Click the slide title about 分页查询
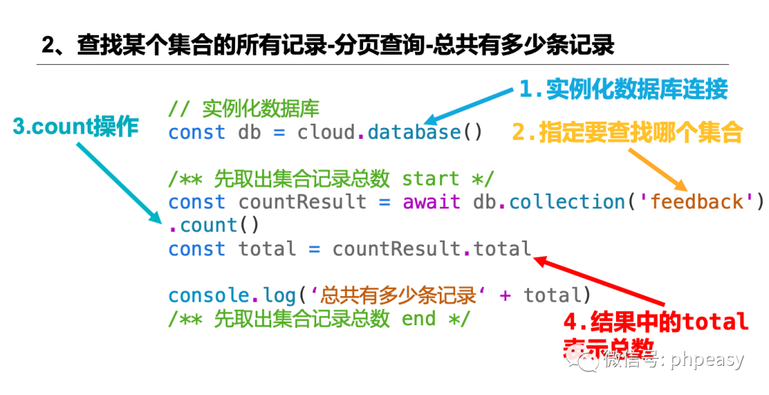328,46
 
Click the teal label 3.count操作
75,127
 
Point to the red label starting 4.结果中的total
655,322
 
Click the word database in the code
414,132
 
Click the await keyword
431,202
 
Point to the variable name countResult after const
302,202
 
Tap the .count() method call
214,226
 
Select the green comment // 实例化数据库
244,109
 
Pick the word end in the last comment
419,319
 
